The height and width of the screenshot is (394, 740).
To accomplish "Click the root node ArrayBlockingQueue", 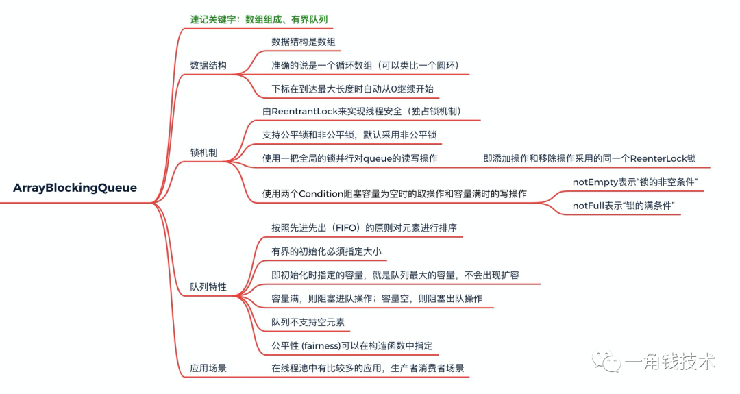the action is pos(75,188).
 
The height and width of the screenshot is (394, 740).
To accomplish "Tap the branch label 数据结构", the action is pos(208,66).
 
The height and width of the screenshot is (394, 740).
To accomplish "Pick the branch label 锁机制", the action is pos(203,152).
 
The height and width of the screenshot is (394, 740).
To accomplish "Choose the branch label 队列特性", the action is pos(208,286).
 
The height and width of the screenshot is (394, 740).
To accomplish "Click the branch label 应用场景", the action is pos(208,368).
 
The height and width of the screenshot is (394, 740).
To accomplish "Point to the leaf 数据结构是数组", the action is pos(304,42).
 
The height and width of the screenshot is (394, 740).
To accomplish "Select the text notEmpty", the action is pos(595,182).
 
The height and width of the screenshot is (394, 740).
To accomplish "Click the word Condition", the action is pos(323,194).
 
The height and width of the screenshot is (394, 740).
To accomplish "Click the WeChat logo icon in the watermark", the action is pos(606,358).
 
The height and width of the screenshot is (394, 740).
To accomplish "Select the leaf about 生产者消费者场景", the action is pos(368,368).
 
